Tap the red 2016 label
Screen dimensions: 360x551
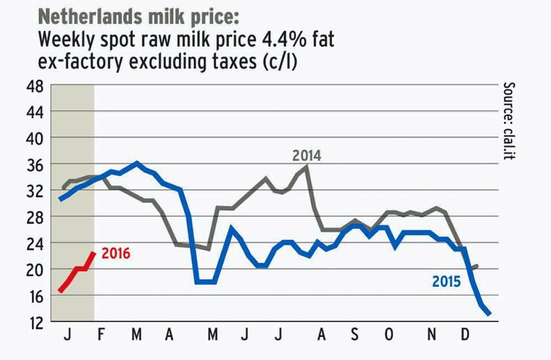click(x=116, y=253)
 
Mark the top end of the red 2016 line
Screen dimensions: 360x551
click(x=93, y=253)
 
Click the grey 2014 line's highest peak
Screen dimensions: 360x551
click(x=306, y=167)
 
